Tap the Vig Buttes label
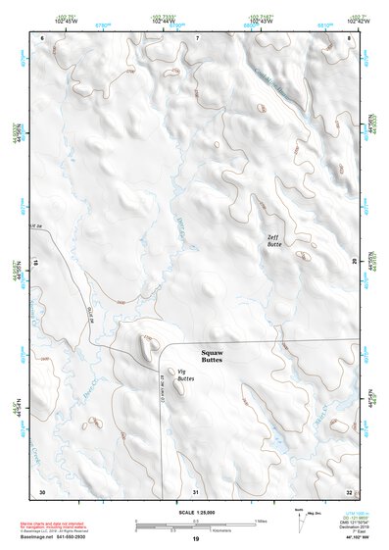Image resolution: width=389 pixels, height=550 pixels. point(182,375)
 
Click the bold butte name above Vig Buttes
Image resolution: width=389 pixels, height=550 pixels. point(212,356)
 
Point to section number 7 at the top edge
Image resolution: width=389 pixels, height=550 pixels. point(196,38)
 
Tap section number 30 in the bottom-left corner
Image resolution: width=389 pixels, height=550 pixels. point(41,491)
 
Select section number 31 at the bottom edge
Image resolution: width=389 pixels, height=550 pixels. point(196,491)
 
